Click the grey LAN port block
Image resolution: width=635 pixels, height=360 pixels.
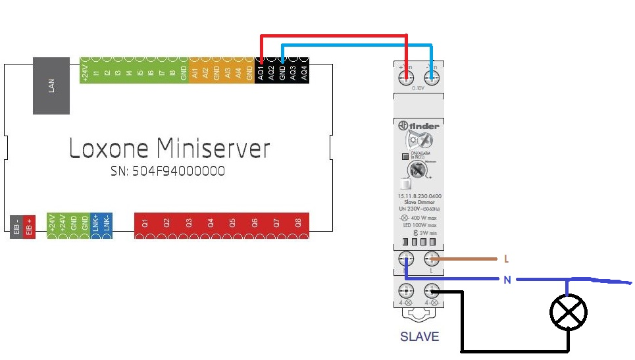pos(51,86)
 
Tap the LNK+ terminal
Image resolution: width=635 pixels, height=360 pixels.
pos(96,224)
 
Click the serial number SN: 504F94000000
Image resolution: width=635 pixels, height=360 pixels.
pos(168,171)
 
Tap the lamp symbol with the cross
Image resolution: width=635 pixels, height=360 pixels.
pos(569,311)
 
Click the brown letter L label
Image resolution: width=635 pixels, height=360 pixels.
pos(506,259)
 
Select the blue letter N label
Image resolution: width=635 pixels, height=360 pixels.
pos(507,280)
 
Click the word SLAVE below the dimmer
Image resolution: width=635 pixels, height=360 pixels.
pos(419,337)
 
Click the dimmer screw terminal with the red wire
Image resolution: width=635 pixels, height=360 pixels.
pos(406,78)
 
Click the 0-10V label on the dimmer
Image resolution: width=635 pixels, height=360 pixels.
pos(419,88)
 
